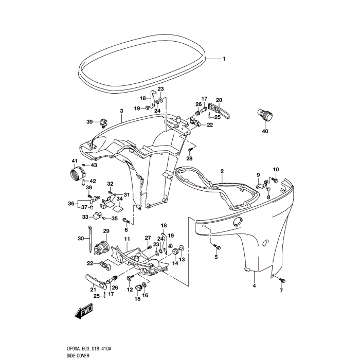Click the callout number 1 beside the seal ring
(x=224, y=59)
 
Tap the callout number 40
(x=265, y=131)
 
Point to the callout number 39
(x=89, y=122)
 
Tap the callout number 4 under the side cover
(x=254, y=285)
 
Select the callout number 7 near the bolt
(x=281, y=291)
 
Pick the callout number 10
(x=276, y=169)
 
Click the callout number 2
(x=222, y=171)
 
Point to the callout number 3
(x=122, y=111)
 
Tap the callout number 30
(x=80, y=238)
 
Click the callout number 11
(x=127, y=240)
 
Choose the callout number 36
(x=71, y=204)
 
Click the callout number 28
(x=190, y=158)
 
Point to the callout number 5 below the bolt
(x=216, y=257)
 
